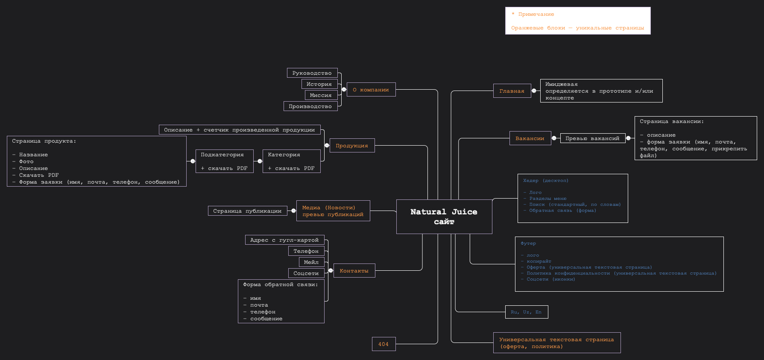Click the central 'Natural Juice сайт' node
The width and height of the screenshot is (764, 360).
click(444, 217)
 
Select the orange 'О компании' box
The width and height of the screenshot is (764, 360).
click(371, 90)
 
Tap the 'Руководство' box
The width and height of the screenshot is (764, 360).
click(312, 73)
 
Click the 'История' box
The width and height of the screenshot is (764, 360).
click(319, 84)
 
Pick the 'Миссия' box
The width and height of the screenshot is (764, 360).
click(321, 95)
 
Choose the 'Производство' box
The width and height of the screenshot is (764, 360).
click(310, 106)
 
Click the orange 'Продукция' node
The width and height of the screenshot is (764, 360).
click(352, 146)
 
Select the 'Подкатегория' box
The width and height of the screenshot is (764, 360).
click(224, 161)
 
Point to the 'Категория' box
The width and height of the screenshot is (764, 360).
click(291, 161)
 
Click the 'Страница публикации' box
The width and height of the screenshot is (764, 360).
click(247, 211)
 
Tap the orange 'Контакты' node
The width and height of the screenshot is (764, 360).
click(354, 271)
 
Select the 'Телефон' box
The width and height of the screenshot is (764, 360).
click(306, 251)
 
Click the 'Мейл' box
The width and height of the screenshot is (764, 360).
click(311, 262)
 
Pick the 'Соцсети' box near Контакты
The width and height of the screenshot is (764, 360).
click(306, 273)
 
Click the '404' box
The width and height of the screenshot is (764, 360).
click(383, 344)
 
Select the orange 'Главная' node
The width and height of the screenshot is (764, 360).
click(512, 91)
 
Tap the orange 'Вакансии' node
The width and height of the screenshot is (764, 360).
click(530, 138)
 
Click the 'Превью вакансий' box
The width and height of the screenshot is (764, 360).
click(592, 138)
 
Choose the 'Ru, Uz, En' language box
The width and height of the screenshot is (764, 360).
click(526, 312)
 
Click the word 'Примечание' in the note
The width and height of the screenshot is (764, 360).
click(536, 15)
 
